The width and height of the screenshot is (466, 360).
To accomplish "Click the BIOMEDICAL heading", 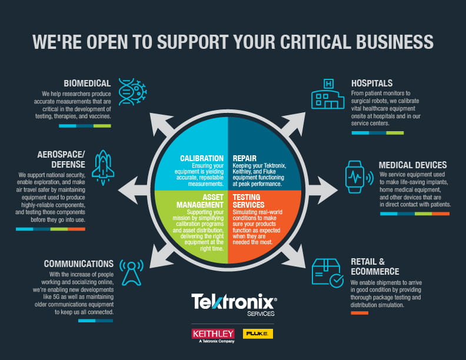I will click(87, 83).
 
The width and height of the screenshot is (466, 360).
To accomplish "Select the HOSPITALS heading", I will click(372, 83).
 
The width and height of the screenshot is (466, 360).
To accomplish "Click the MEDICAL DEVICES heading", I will click(412, 165).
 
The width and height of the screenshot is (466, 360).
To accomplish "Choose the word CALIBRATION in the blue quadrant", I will click(202, 158).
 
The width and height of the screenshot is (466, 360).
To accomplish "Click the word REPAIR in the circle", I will click(244, 158).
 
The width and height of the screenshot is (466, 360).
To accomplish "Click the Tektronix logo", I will click(233, 304).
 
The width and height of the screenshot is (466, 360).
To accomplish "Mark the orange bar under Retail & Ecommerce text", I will click(359, 312).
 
